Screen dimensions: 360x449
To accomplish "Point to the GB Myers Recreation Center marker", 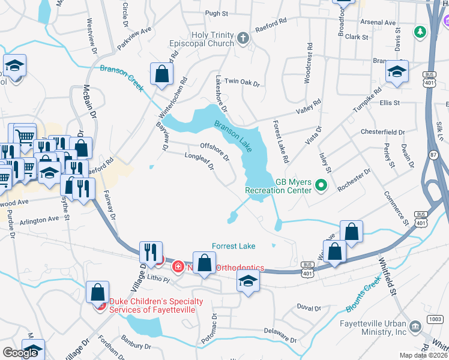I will point(321,187).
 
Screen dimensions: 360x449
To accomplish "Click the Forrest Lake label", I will point(234,246).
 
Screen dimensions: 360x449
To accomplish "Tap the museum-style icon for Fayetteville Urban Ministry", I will point(415,327).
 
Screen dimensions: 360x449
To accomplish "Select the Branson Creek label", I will point(122,78).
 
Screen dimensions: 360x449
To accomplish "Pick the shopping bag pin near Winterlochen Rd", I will point(162,75).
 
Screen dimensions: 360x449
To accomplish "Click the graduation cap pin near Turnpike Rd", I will point(397,71).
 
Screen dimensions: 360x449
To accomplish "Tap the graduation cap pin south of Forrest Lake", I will point(247,280).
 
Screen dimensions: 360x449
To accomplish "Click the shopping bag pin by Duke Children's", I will point(97,292).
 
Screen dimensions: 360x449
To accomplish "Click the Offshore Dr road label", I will point(215,151).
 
